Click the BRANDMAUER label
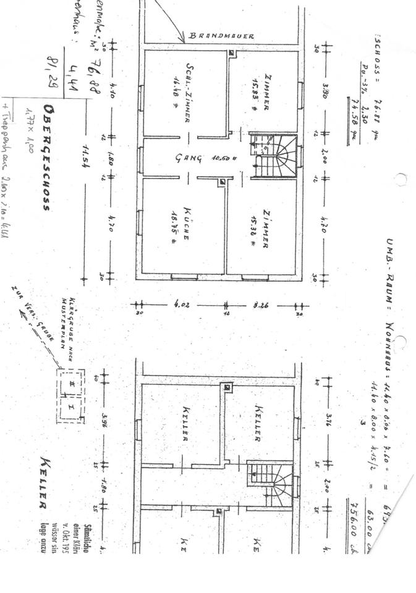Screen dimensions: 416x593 pos(222,36)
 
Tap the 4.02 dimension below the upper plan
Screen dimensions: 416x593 pos(182,304)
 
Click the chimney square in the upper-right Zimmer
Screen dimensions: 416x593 pos(232,54)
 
